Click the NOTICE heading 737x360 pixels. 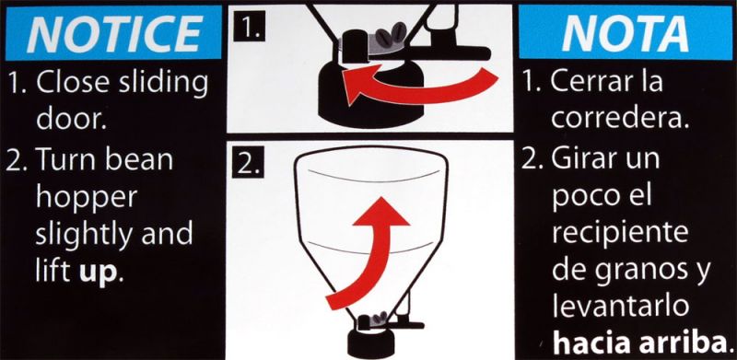(113, 33)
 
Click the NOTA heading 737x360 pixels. (626, 34)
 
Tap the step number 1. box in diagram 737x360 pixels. (249, 29)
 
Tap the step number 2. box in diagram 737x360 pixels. (248, 166)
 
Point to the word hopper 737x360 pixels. (87, 199)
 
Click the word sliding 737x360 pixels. (159, 83)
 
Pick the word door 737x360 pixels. (71, 121)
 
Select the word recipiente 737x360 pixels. (620, 234)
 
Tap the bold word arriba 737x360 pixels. (693, 343)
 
